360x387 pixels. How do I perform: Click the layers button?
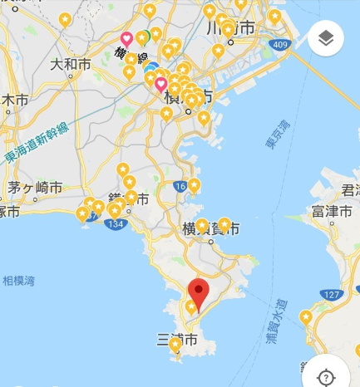click(325, 38)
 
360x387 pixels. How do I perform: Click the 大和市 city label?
click(68, 63)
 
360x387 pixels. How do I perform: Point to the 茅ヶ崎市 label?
click(34, 187)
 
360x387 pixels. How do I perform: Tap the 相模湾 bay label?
click(18, 281)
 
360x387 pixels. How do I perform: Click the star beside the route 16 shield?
click(194, 185)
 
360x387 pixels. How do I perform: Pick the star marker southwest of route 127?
click(307, 316)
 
